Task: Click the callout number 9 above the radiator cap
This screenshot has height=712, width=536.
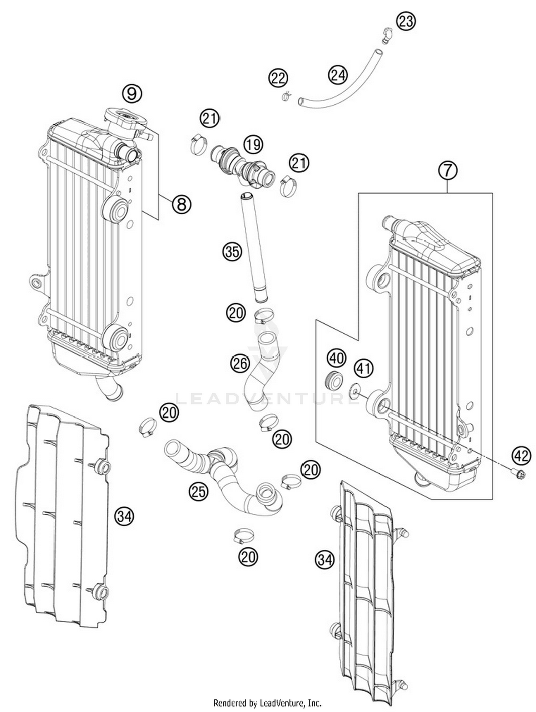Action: (132, 94)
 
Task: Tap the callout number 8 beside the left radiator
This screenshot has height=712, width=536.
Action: (182, 204)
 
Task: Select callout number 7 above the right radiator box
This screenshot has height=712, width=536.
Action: (448, 171)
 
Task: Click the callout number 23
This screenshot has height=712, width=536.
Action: (406, 21)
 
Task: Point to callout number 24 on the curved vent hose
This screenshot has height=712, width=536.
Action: (338, 75)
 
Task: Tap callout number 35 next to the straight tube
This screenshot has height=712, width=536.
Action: (232, 252)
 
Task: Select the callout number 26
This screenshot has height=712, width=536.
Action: (240, 364)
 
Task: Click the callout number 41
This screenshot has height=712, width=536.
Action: (364, 369)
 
